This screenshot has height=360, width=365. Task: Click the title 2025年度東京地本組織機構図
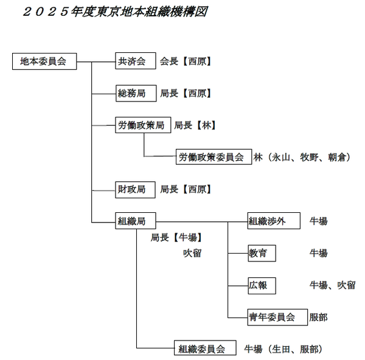click(x=115, y=12)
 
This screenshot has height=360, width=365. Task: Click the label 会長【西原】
click(x=186, y=61)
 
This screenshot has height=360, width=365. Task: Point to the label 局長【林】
click(x=195, y=125)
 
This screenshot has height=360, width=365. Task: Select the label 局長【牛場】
click(x=176, y=238)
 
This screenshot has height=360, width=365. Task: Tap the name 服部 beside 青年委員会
click(x=318, y=317)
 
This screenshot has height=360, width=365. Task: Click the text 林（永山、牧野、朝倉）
click(x=302, y=157)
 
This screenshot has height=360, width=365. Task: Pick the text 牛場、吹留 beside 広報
click(x=332, y=285)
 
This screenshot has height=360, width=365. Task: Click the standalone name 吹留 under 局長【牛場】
click(x=192, y=253)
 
